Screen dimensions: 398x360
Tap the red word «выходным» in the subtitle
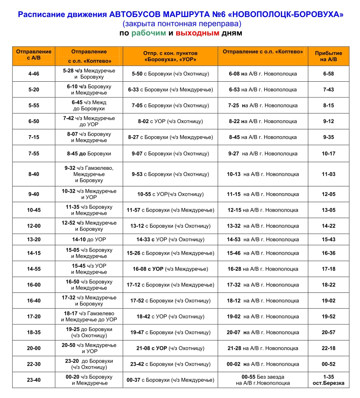coord(197,33)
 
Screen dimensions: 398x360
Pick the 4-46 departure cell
coord(34,74)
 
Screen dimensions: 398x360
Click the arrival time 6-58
coord(328,74)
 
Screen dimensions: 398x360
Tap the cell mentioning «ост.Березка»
coord(328,380)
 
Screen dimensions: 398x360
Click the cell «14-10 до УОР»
coord(89,240)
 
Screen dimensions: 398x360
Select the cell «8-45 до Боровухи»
coord(89,154)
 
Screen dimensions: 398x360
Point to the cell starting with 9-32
coord(89,174)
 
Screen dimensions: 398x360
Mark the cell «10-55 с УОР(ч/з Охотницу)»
coord(170,195)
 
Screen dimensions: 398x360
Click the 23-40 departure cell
coord(34,380)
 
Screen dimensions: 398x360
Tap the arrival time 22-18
coord(328,349)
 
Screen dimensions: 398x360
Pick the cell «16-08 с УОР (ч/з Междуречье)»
coord(170,269)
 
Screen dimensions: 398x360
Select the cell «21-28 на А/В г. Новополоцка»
coord(263,349)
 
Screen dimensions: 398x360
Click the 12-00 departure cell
coord(34,226)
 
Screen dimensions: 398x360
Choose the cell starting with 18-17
coord(89,317)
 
